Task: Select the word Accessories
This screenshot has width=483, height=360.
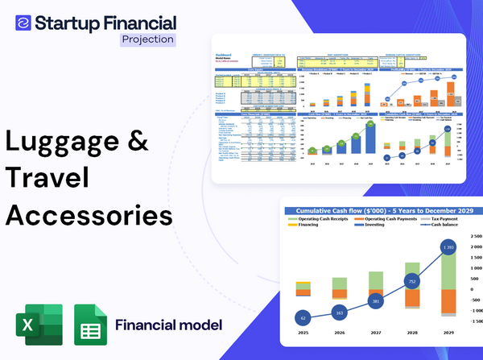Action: point(89,216)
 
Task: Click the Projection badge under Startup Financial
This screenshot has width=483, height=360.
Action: point(147,39)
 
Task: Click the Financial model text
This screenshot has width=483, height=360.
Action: point(168,325)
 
